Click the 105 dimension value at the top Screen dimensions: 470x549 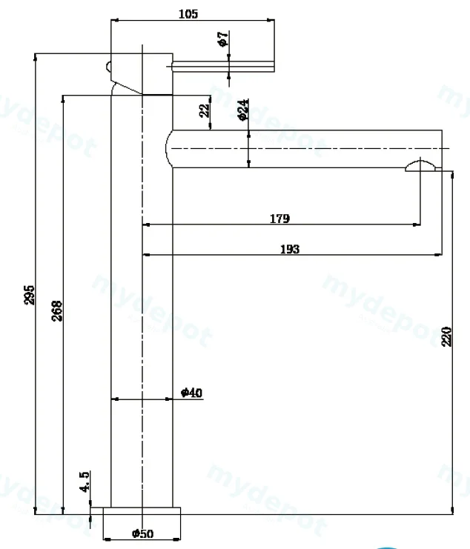coord(188,14)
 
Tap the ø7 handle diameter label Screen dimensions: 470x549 coord(223,39)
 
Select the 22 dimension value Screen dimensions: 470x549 coord(205,110)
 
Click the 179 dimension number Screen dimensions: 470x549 coord(279,219)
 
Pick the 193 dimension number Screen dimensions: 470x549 coord(290,249)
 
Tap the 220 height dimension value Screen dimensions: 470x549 coord(446,337)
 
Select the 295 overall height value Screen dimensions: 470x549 coord(30,295)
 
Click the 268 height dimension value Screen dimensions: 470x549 coord(57,310)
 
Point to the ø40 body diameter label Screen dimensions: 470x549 coord(191,393)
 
